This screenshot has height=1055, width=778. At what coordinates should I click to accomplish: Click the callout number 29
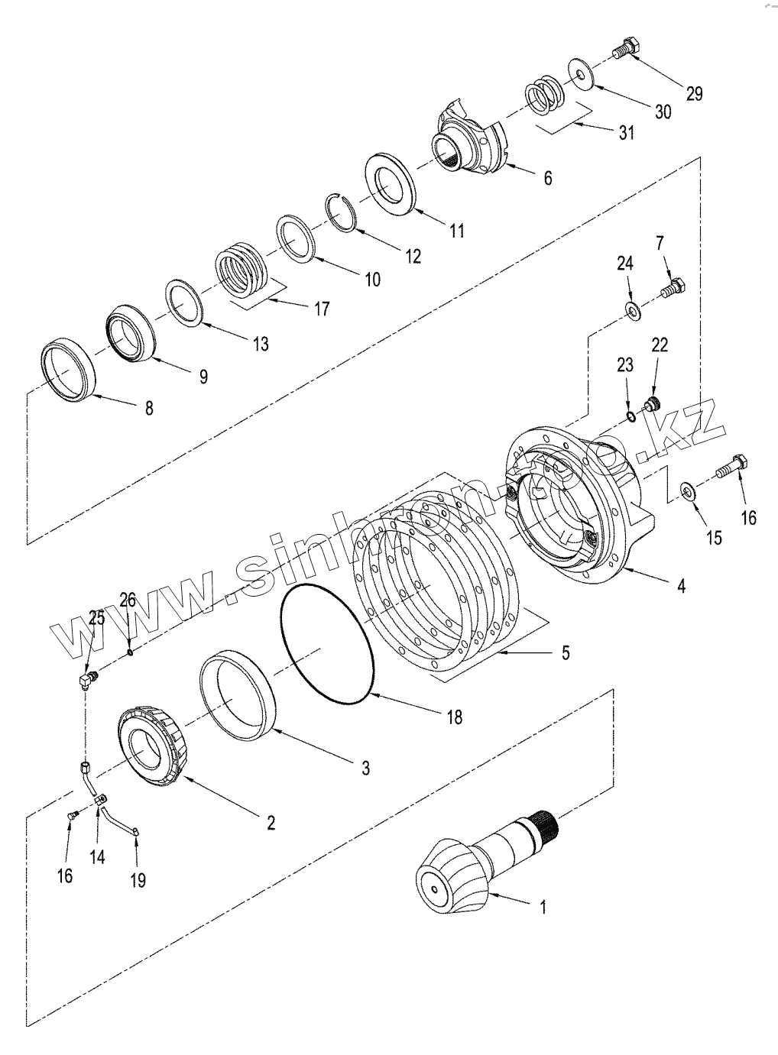click(693, 93)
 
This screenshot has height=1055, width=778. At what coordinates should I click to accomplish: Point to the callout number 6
click(547, 178)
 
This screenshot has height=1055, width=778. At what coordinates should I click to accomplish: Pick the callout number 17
click(322, 308)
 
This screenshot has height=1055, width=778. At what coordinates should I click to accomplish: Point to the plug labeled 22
click(652, 403)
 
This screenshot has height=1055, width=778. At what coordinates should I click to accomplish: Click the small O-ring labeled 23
click(631, 416)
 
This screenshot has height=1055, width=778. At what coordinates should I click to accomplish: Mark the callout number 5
click(566, 652)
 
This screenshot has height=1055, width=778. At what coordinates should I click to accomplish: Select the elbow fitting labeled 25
click(88, 678)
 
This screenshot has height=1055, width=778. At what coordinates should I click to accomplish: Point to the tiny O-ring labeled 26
click(131, 652)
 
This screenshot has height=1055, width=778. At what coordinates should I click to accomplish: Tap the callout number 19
click(138, 880)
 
